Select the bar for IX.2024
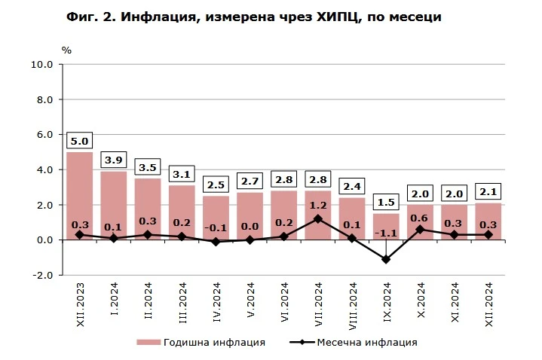[x=386, y=226]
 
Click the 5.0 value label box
[x=79, y=140]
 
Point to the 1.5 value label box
[x=386, y=201]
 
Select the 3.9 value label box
[x=114, y=159]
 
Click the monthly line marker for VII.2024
[x=318, y=219]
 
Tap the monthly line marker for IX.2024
[x=386, y=259]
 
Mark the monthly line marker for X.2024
[x=420, y=230]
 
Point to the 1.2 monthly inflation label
[x=318, y=205]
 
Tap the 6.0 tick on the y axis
[x=44, y=135]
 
